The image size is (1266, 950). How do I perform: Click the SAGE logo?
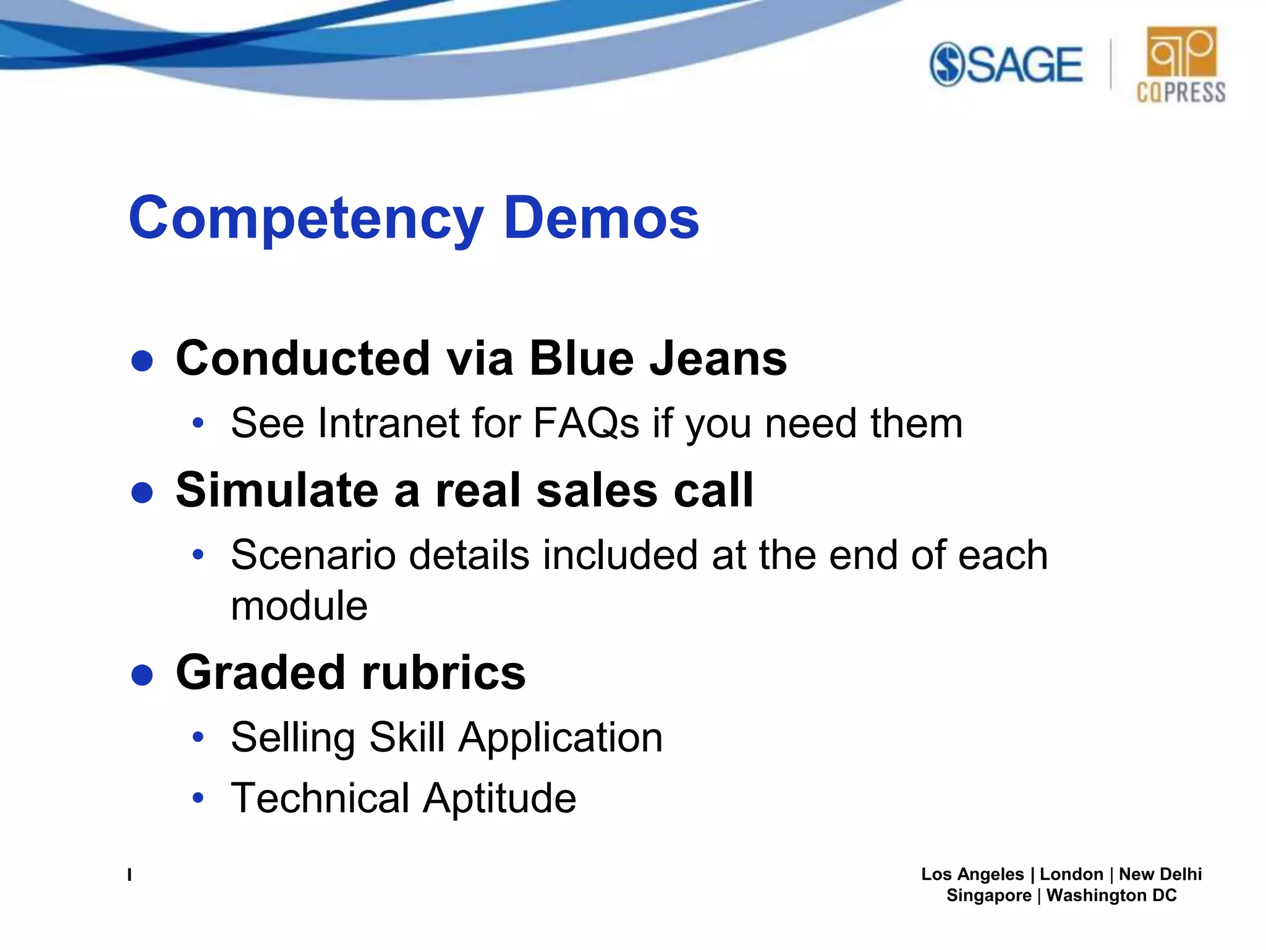point(1006,64)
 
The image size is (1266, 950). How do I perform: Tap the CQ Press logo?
point(1181,64)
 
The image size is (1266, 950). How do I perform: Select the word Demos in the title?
point(601,218)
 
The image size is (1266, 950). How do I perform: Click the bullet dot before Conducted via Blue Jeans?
point(142,361)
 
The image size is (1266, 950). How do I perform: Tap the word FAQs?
point(585,424)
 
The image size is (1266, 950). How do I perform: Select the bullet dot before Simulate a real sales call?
point(142,493)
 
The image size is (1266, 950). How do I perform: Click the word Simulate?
point(277,490)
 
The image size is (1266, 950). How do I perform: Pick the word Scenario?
point(313,555)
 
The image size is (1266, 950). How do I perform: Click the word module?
point(299,606)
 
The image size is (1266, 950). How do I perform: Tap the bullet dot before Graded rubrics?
point(142,675)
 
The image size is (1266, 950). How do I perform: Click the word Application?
point(560,738)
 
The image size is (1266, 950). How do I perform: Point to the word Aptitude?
point(499,798)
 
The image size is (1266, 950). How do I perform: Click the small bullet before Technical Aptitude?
point(198,797)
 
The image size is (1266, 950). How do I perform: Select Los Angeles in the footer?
point(972,875)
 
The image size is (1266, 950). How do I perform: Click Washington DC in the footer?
point(1111,896)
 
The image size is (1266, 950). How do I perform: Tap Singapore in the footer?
point(988,896)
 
